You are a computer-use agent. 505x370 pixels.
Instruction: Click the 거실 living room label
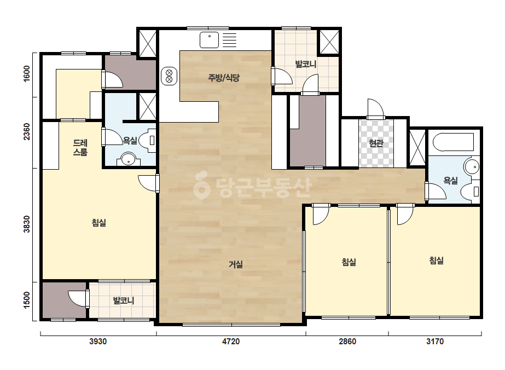point(236,264)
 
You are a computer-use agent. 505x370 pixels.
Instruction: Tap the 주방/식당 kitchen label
point(224,77)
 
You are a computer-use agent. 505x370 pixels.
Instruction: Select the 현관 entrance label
point(376,143)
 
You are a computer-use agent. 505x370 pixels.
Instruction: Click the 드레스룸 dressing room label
point(80,147)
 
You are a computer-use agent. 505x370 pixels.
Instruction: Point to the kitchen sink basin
point(210,41)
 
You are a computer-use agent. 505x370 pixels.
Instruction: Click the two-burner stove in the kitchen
point(169,76)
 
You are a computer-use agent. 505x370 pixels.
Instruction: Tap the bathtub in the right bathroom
point(453,142)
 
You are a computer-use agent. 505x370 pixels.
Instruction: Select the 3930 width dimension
point(98,342)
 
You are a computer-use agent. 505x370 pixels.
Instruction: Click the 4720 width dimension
point(231,342)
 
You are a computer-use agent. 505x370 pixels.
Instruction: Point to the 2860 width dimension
point(347,342)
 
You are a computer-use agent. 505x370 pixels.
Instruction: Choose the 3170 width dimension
point(435,342)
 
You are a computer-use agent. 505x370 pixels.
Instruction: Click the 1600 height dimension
point(27,73)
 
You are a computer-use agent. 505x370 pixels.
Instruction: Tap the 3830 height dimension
point(27,224)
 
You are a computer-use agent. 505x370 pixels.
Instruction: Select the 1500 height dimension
point(27,300)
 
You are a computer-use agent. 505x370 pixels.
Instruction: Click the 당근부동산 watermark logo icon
point(201,185)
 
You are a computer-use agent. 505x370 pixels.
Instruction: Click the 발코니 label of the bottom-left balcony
point(123,300)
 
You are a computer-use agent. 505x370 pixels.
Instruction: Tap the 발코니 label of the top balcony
point(306,64)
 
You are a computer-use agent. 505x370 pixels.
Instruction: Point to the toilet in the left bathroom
point(150,141)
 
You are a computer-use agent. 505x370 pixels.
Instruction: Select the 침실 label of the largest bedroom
point(99,222)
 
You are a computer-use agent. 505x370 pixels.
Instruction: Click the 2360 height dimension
point(27,131)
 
